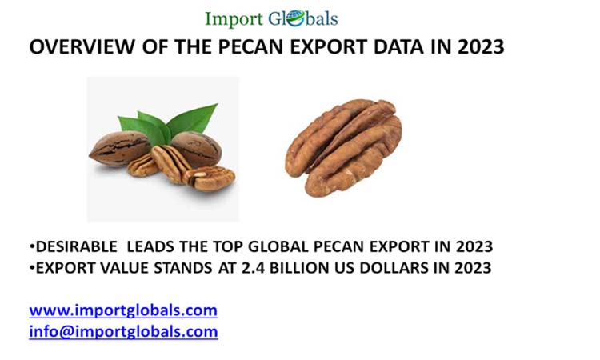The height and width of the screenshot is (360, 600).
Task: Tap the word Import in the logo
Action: (231, 18)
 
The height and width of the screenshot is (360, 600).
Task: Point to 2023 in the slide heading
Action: (481, 47)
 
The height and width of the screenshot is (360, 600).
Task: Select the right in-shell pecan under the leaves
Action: (197, 148)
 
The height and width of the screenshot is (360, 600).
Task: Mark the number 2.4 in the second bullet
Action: (248, 267)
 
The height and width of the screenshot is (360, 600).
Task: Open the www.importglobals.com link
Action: (123, 310)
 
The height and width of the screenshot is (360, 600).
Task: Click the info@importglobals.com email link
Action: (123, 330)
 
